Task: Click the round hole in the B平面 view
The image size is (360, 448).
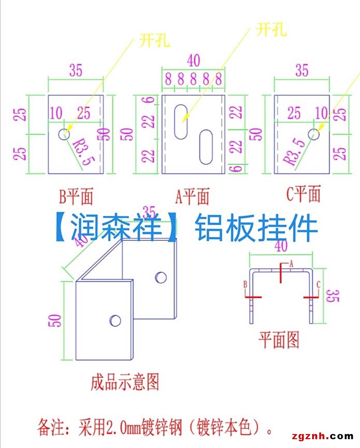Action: pyautogui.click(x=64, y=134)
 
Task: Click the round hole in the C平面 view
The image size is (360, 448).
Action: pyautogui.click(x=313, y=134)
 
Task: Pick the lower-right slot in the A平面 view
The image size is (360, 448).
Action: pyautogui.click(x=206, y=147)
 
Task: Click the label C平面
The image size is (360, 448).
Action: pyautogui.click(x=304, y=195)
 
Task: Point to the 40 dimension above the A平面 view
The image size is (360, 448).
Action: pyautogui.click(x=193, y=61)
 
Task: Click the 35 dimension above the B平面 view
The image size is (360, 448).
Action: pyautogui.click(x=76, y=70)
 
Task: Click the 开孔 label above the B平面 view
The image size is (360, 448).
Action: pyautogui.click(x=154, y=40)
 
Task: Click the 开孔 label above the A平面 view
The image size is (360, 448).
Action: pyautogui.click(x=271, y=30)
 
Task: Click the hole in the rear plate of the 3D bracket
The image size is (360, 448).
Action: pyautogui.click(x=161, y=277)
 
